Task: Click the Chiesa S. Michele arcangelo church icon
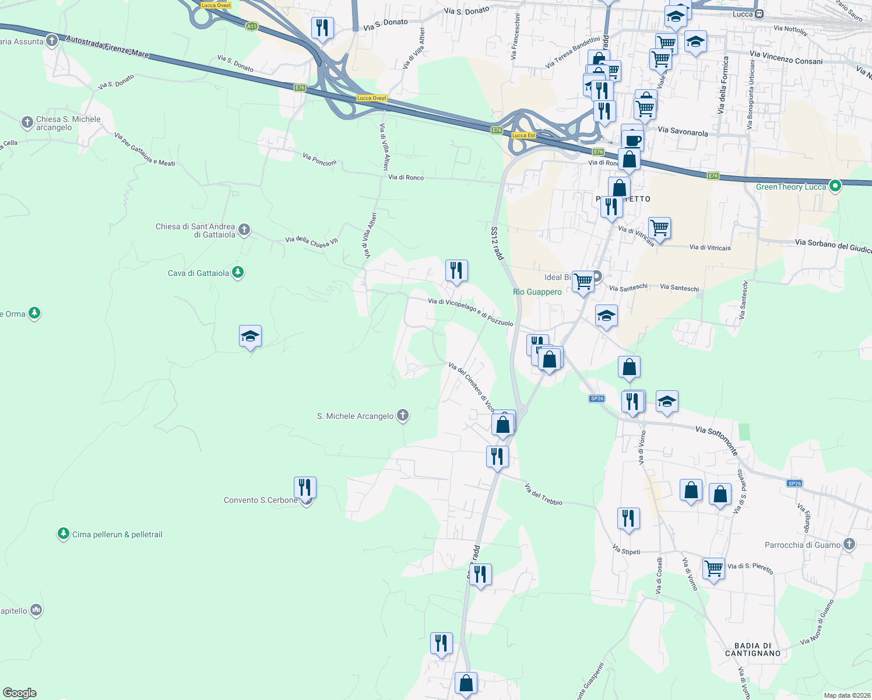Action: click(x=27, y=123)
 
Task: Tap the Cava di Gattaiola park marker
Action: click(x=237, y=272)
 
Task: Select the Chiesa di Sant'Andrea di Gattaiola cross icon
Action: click(x=244, y=230)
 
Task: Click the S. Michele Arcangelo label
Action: click(x=355, y=416)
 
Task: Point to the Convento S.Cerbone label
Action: click(x=261, y=500)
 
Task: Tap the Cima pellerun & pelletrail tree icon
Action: click(x=64, y=534)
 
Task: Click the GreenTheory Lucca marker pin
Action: click(x=835, y=186)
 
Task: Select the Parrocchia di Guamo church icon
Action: click(x=849, y=544)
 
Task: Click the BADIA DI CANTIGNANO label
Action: click(x=753, y=649)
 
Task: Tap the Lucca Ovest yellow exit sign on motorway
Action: click(x=371, y=98)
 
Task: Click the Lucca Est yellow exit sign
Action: click(x=523, y=135)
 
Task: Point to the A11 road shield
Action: click(x=251, y=26)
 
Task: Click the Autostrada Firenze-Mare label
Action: click(x=107, y=47)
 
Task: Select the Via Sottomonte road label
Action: click(x=716, y=439)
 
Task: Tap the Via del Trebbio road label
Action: click(x=543, y=494)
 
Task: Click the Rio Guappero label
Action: click(x=537, y=292)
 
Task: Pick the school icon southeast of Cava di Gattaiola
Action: click(x=250, y=337)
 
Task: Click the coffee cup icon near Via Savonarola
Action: click(x=632, y=140)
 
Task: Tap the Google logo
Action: click(x=19, y=693)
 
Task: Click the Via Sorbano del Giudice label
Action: click(x=833, y=246)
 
